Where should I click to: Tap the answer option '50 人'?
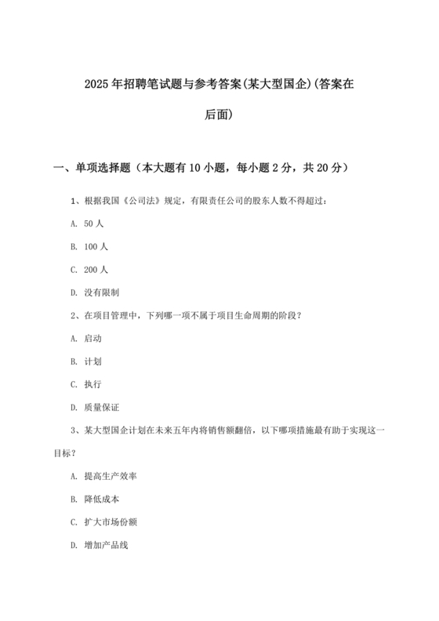click(x=93, y=223)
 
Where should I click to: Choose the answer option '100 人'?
click(x=96, y=246)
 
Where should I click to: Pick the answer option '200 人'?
click(x=96, y=269)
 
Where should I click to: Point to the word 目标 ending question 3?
click(x=60, y=453)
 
